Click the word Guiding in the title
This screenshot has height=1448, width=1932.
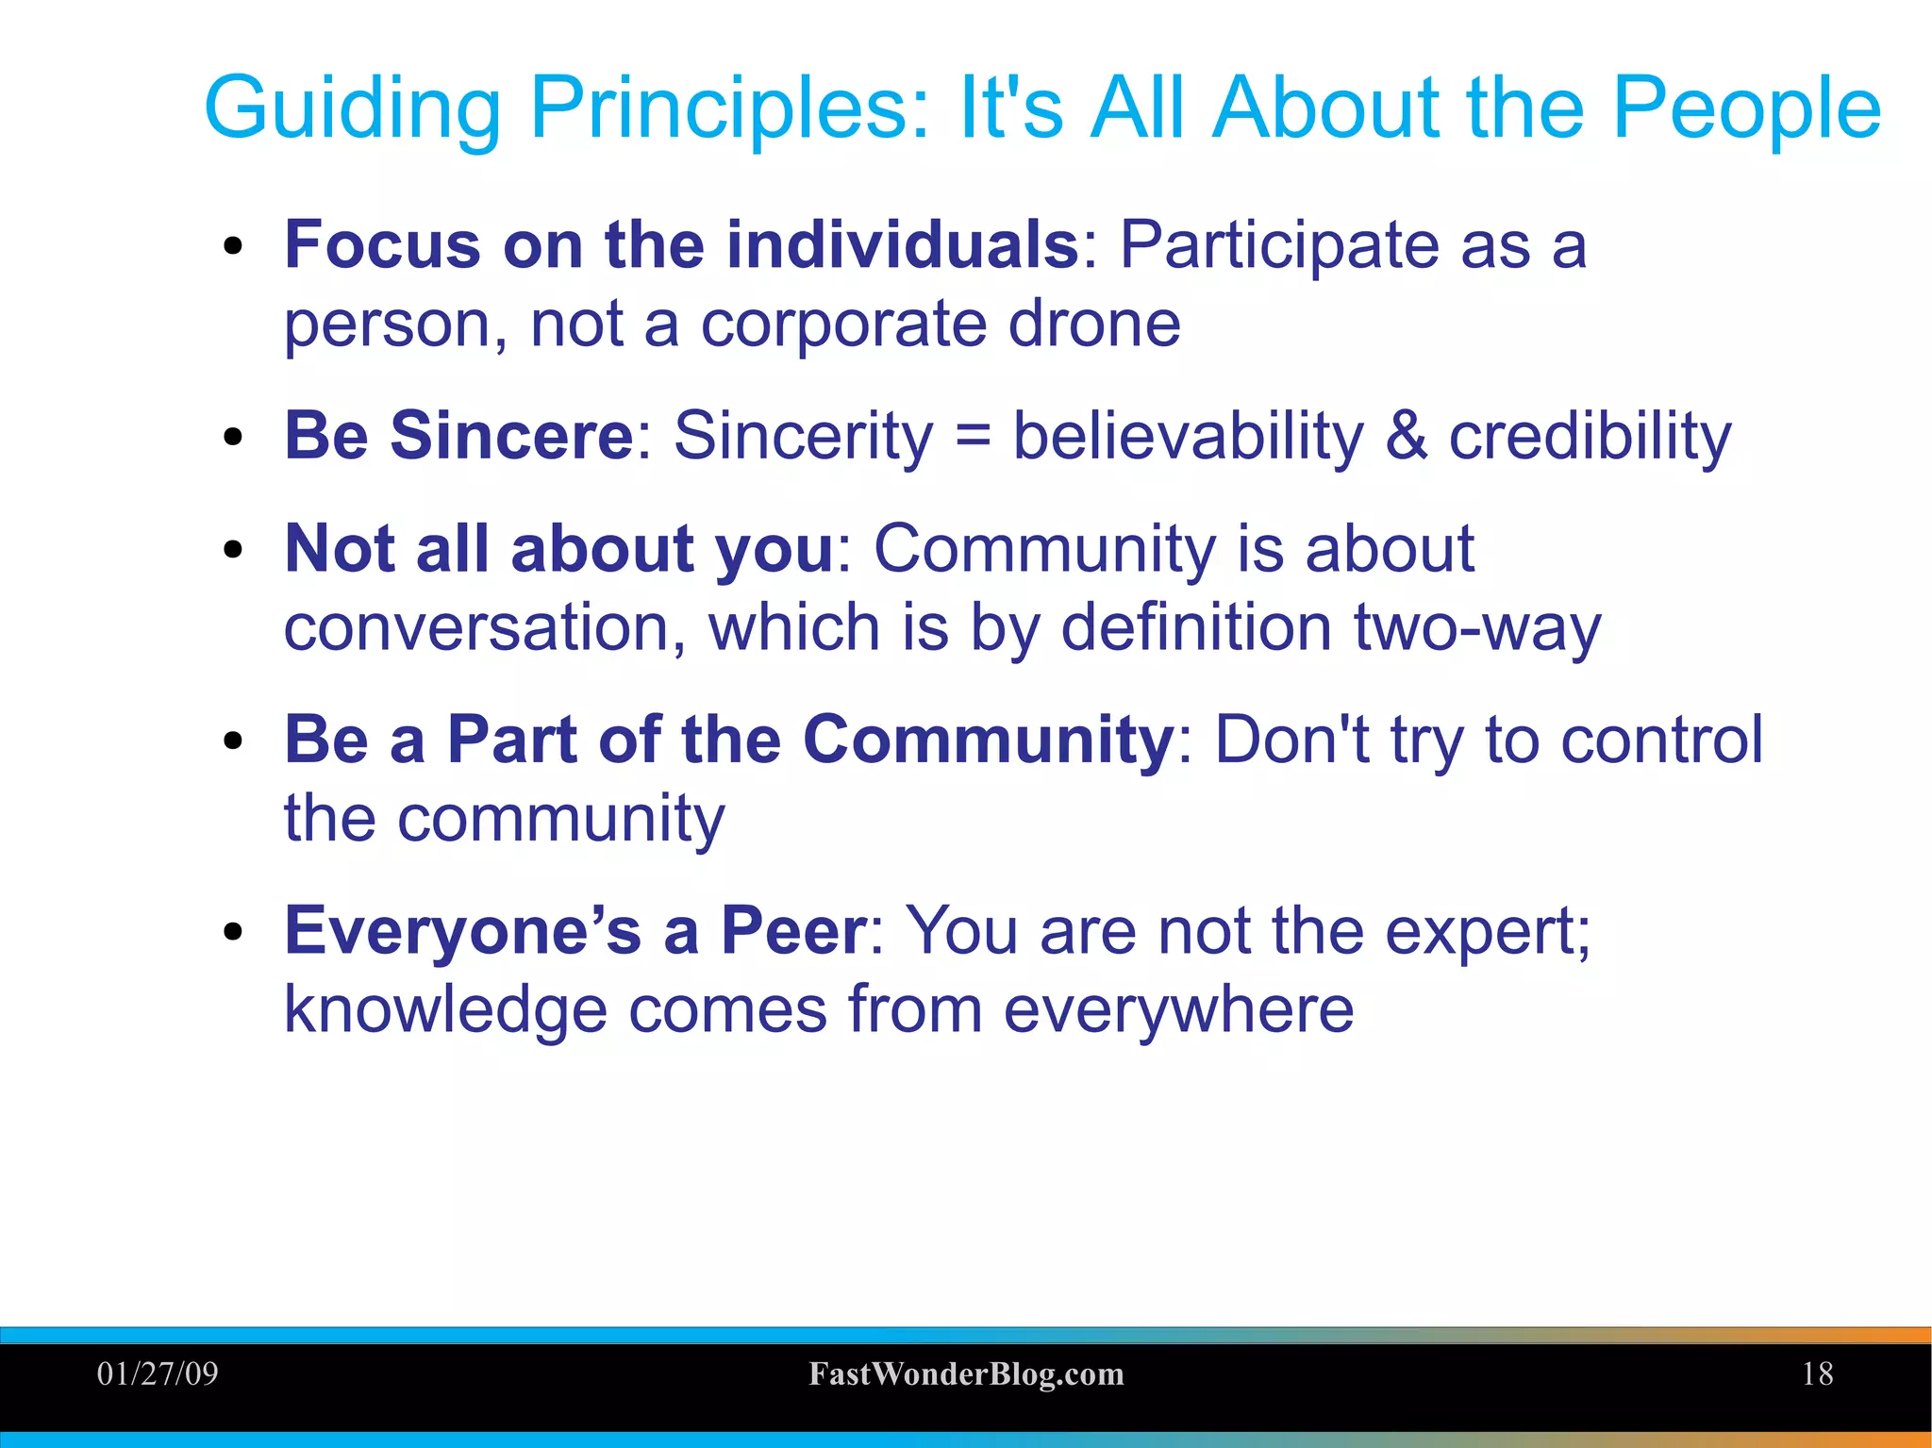(x=352, y=108)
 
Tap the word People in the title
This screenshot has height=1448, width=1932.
(x=1746, y=108)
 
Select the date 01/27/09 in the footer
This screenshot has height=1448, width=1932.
(x=158, y=1373)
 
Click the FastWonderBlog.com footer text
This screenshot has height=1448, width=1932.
(x=966, y=1374)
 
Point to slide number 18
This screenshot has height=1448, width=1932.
(x=1817, y=1373)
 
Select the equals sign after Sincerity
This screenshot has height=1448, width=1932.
(x=973, y=437)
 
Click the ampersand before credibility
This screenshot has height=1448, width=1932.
(x=1406, y=437)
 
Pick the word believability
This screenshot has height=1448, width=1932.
(x=1188, y=437)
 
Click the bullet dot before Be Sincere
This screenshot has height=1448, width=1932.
(x=233, y=438)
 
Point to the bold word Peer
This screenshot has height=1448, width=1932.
(x=792, y=931)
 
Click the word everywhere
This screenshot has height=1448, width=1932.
(x=1177, y=1009)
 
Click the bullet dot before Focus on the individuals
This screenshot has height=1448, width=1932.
(x=233, y=248)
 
